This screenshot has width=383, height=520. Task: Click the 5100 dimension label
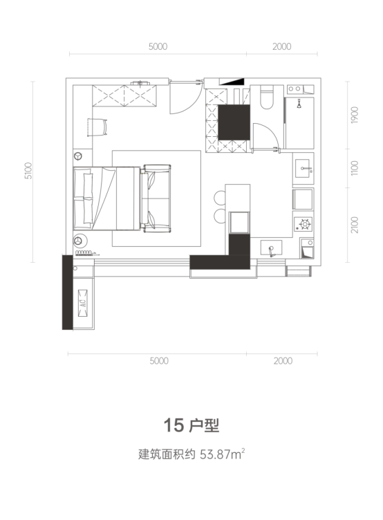[29, 171]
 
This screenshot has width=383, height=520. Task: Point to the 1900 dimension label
[355, 115]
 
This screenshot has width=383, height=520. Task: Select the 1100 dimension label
[355, 168]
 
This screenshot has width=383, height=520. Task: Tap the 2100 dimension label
[355, 225]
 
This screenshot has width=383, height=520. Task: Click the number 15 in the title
[174, 425]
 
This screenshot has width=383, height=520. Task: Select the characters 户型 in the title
[204, 425]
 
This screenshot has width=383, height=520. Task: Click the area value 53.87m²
[222, 454]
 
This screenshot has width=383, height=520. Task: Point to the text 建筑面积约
[167, 454]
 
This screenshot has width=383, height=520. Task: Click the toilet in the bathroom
[267, 97]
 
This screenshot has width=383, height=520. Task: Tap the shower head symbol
[299, 104]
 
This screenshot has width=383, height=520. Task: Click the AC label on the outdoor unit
[82, 303]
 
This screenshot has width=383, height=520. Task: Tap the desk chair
[97, 127]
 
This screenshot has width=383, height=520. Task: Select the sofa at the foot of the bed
[156, 198]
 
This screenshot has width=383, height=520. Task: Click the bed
[106, 198]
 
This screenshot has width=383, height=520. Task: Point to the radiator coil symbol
[84, 253]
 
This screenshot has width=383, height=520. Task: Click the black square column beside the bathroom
[234, 122]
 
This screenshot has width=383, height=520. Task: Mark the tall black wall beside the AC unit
[67, 292]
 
